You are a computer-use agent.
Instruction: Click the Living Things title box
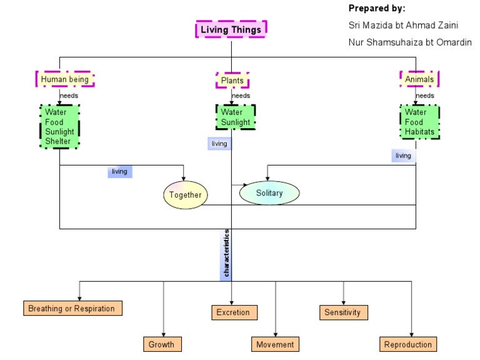pos(231,29)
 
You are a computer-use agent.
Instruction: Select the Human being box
pos(65,79)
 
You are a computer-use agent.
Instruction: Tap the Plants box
pos(232,81)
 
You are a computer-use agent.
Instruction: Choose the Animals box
pos(419,79)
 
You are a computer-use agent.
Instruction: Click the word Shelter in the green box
pos(58,141)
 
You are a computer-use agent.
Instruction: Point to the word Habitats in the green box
pos(419,132)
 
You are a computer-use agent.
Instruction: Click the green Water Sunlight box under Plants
pos(235,117)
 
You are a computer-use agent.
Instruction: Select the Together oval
pos(186,195)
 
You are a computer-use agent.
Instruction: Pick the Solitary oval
pos(269,192)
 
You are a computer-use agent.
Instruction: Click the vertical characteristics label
pos(226,253)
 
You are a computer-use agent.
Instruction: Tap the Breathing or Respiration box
pos(72,308)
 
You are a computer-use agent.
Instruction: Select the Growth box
pos(161,344)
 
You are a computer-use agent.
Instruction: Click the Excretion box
pos(233,312)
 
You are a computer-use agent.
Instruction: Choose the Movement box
pos(275,344)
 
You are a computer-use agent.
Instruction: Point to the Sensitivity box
pos(342,312)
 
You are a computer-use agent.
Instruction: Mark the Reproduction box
pos(407,344)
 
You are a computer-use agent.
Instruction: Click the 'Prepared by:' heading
pos(376,9)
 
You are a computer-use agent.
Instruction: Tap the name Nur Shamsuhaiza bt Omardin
pos(409,42)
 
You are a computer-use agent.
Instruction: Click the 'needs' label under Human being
pos(69,96)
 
